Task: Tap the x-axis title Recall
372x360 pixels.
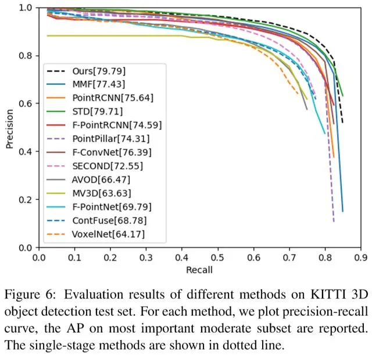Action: tap(199, 270)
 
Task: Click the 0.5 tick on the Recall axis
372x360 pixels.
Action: tap(218, 256)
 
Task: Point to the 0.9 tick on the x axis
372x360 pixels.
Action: tap(361, 256)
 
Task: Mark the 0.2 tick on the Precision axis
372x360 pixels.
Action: tap(26, 199)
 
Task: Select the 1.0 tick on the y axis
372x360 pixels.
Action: tap(26, 8)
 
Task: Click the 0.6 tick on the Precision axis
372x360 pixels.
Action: tap(26, 104)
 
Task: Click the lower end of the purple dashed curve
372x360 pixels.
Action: tap(334, 222)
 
